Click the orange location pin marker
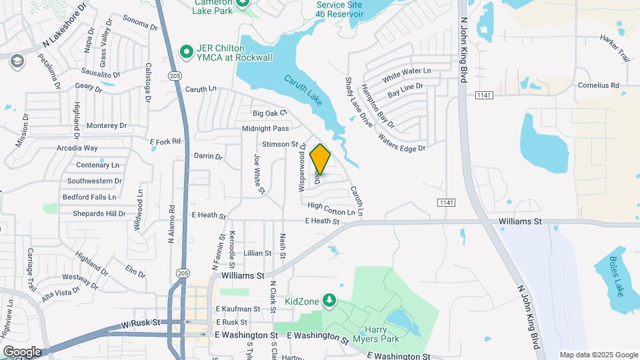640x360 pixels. tap(320, 159)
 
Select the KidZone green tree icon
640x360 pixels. tap(328, 301)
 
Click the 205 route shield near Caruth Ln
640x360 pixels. tap(175, 76)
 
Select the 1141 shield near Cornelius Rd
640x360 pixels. tap(485, 96)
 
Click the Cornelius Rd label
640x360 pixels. tap(599, 85)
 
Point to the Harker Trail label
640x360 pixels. tap(615, 48)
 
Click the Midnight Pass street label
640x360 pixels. tap(265, 128)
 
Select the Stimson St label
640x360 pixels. tap(279, 144)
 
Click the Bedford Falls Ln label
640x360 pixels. tap(89, 197)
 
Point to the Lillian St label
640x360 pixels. tap(257, 253)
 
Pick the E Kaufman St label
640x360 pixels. tap(237, 309)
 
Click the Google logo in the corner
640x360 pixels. tap(22, 351)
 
